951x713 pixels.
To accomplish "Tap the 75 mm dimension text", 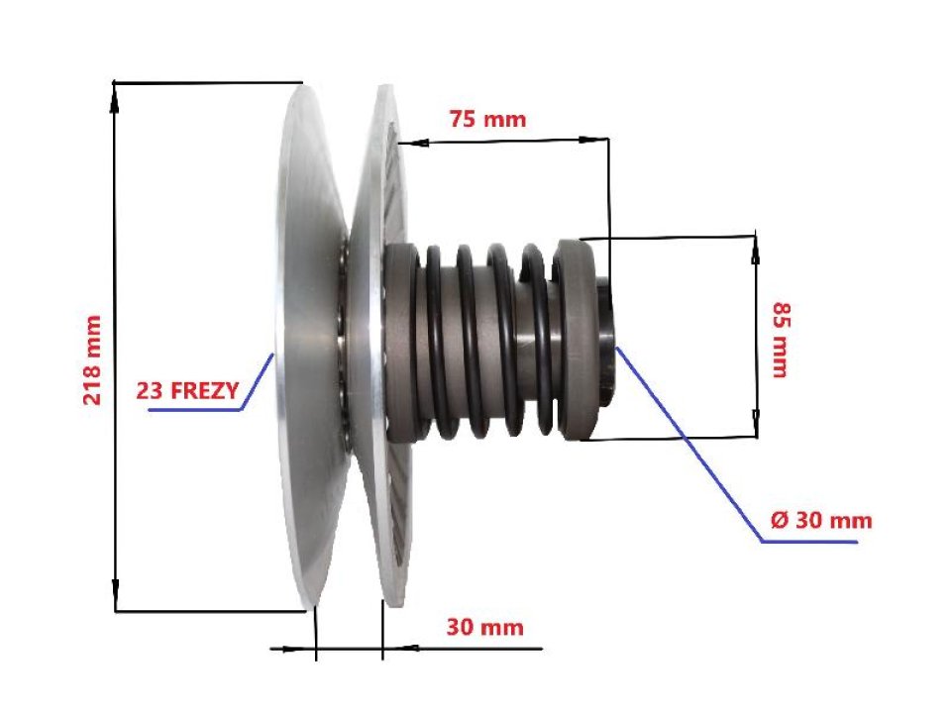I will click(487, 120).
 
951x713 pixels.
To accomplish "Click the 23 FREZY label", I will click(187, 391).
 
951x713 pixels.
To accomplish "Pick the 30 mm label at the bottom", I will click(484, 628).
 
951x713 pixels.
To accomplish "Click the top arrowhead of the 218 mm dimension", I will click(116, 92).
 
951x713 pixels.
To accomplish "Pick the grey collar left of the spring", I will click(400, 342).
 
